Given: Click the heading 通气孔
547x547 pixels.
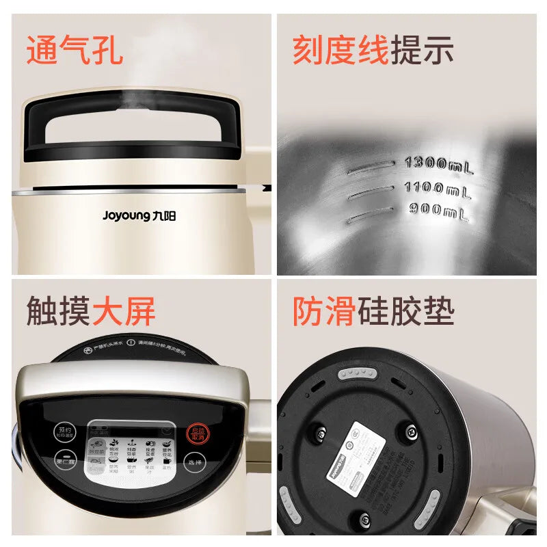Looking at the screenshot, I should (x=75, y=51).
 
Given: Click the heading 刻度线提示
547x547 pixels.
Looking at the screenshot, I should (x=373, y=51).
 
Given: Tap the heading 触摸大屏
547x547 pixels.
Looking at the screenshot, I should (x=91, y=311).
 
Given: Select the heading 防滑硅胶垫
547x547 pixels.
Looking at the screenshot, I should (x=373, y=311).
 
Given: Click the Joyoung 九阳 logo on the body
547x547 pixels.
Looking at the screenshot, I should (x=139, y=215).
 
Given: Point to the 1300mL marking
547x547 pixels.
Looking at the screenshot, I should (x=438, y=164).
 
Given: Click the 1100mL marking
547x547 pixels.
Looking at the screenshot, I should (x=438, y=188).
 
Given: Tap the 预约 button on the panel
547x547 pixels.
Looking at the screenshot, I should (x=64, y=431).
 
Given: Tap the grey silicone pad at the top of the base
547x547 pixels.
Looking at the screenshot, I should (x=356, y=373).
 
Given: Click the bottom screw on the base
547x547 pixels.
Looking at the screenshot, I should (x=364, y=520).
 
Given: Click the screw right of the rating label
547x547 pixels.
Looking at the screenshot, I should (x=410, y=433).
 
